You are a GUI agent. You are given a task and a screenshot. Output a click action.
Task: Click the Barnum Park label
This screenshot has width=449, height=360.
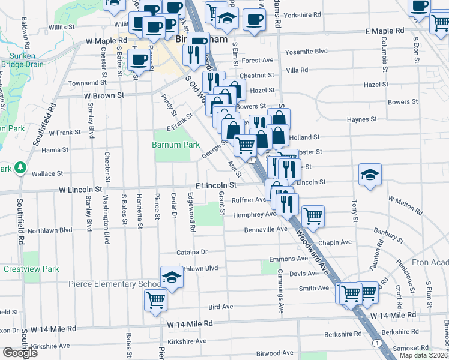click(175, 145)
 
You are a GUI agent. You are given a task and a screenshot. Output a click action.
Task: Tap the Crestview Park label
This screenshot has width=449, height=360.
click(31, 269)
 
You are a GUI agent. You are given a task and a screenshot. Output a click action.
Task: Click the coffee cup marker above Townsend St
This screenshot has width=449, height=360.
click(139, 59)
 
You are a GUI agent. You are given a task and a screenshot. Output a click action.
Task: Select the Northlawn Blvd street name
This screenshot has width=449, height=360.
click(50, 230)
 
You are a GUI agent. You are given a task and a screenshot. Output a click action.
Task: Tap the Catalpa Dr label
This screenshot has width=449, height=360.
click(191, 252)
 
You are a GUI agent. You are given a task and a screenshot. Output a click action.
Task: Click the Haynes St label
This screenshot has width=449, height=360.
click(362, 119)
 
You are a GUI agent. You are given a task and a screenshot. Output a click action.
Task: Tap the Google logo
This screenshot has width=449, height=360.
click(19, 352)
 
